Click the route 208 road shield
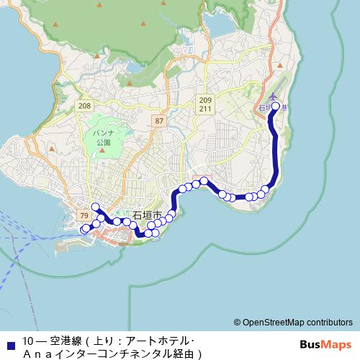point(85,106)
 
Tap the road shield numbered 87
point(159,121)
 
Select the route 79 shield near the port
point(84,215)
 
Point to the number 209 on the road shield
point(207,100)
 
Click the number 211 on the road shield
point(207,109)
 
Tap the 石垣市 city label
point(148,215)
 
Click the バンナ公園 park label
point(104,138)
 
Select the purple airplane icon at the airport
point(272,96)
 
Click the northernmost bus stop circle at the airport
point(275,107)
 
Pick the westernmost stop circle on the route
point(84,230)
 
